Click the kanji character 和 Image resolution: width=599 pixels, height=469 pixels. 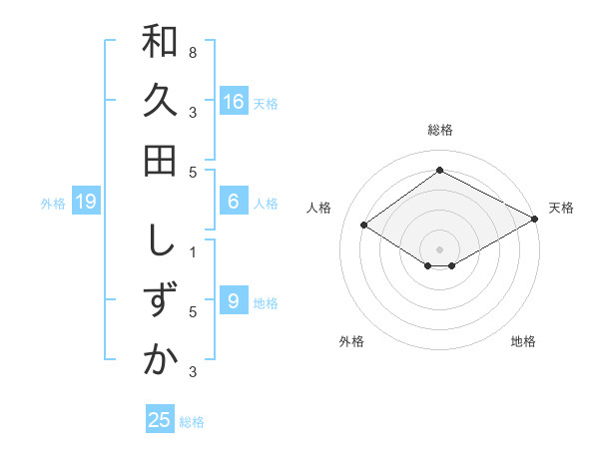coord(160,43)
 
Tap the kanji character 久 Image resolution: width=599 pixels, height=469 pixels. coord(160,101)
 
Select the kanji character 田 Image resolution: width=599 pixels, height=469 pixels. coord(160,160)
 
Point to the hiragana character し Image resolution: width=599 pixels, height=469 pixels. coord(160,242)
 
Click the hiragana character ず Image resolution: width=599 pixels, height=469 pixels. coord(160,301)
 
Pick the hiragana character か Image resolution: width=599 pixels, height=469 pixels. coord(160,360)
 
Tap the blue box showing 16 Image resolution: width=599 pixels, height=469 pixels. coord(234,102)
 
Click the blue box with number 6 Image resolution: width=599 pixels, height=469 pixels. coord(234,202)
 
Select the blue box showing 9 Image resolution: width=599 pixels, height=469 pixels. coord(234,301)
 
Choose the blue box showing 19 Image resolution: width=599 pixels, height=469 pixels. coord(87,202)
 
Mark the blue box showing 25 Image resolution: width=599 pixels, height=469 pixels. coord(160,420)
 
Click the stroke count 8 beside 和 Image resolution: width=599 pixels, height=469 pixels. coord(193,52)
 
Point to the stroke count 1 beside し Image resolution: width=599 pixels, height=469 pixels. coord(193,251)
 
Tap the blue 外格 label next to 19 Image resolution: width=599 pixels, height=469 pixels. coord(53,204)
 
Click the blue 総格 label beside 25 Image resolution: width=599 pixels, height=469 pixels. coord(192,422)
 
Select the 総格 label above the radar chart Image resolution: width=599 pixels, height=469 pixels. coord(439,131)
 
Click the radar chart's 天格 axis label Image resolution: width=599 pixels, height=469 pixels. coord(561,208)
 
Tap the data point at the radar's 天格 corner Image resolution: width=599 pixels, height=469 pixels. coord(535,219)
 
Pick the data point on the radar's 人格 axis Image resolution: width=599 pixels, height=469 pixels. coord(363,226)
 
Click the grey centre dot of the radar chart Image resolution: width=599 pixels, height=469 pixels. coord(439,248)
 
